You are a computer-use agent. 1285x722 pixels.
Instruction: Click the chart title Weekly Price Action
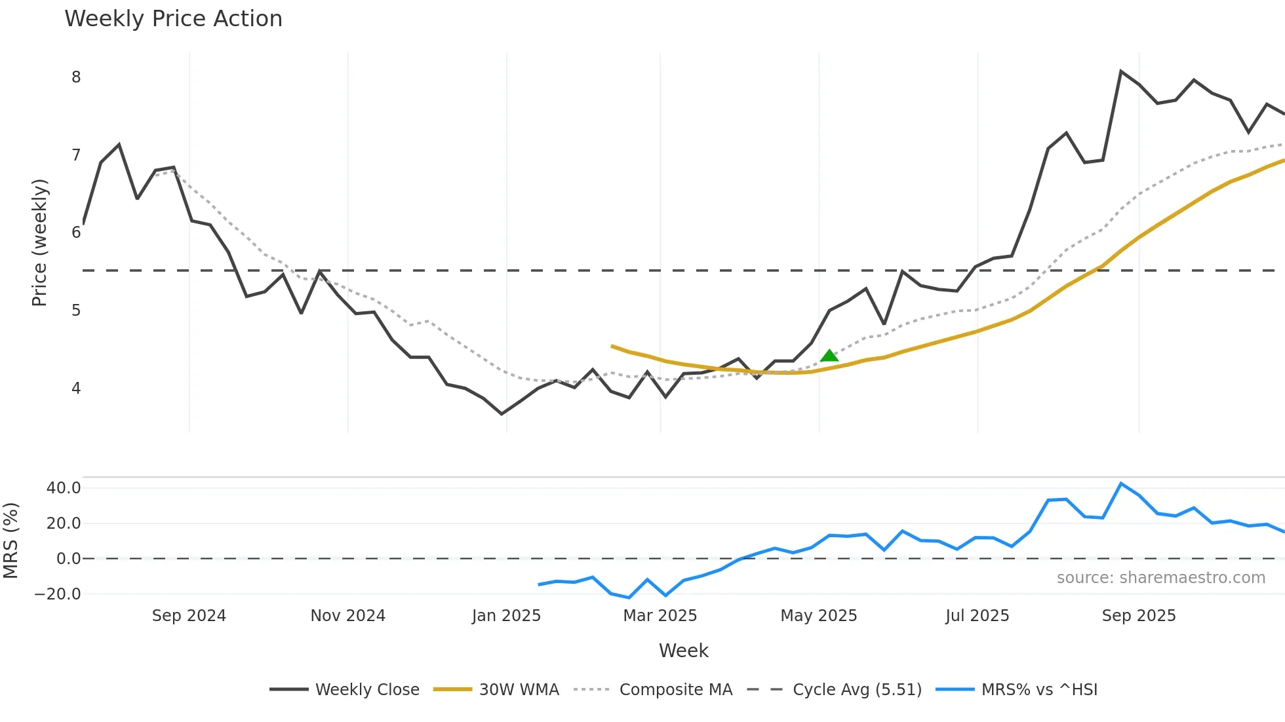click(173, 19)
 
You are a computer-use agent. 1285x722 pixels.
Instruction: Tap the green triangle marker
click(829, 356)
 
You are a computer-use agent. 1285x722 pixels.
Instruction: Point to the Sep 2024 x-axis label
click(189, 616)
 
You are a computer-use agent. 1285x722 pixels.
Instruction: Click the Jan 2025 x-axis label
click(506, 616)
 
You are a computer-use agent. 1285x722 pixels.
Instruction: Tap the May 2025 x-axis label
click(818, 616)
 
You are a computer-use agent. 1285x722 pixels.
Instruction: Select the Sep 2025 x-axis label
click(1139, 616)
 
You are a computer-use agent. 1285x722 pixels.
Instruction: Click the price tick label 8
click(76, 77)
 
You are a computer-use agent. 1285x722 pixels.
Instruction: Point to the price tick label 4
click(76, 389)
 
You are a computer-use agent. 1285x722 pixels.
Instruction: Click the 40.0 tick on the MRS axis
click(64, 488)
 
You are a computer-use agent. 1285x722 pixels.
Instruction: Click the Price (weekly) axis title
click(39, 242)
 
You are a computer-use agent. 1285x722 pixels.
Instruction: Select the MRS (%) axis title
click(10, 541)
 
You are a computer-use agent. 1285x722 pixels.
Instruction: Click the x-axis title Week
click(683, 651)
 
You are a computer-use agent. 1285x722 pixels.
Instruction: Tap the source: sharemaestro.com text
click(1160, 578)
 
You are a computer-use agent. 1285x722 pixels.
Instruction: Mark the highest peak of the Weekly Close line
click(1121, 71)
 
